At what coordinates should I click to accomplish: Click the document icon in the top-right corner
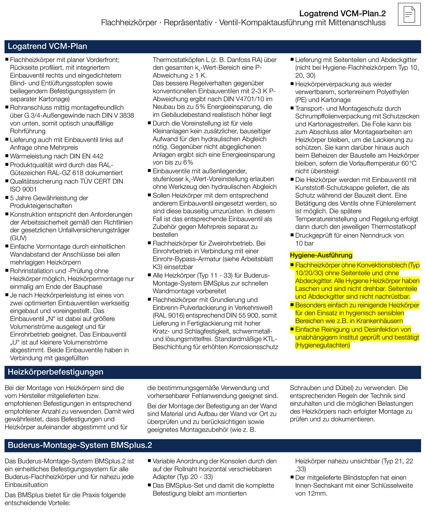408,15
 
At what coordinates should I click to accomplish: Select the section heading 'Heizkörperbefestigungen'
56,372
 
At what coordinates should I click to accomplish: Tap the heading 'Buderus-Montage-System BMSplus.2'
80,446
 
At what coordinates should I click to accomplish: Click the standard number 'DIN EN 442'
83,156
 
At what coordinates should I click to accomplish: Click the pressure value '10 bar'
305,243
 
